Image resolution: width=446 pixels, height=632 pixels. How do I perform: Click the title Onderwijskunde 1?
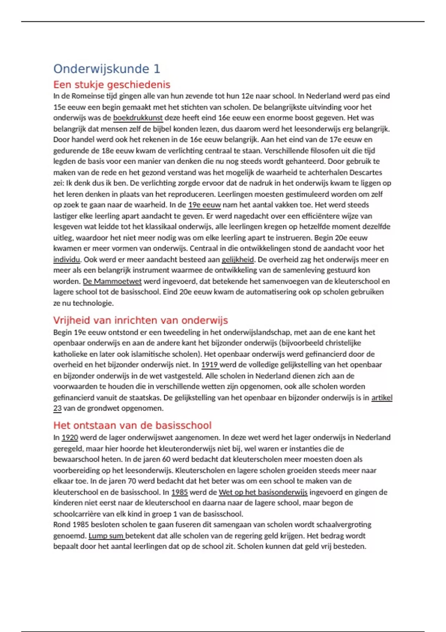pos(107,69)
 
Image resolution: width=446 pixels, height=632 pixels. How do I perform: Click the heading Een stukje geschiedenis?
pos(111,85)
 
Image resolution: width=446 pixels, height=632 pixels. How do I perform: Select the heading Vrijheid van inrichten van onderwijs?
pos(140,320)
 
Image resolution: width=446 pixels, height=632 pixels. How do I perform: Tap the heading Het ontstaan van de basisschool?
pos(132,425)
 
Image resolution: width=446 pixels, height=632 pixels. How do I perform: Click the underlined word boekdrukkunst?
pos(138,118)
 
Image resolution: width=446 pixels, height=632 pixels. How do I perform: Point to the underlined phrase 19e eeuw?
pos(204,205)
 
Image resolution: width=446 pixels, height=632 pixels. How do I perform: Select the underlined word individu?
pos(67,259)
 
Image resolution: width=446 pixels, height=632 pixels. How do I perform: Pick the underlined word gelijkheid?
pos(238,259)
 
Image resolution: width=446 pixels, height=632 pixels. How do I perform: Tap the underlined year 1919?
pos(210,365)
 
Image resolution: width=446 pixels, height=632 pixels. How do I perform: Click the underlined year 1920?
pos(70,438)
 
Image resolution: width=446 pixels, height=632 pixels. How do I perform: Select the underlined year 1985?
pos(180,492)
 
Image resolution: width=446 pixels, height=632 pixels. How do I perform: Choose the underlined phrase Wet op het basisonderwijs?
pos(263,492)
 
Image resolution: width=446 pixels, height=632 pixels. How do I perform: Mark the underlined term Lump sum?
pos(106,536)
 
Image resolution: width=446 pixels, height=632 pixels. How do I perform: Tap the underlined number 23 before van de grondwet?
pos(57,408)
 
